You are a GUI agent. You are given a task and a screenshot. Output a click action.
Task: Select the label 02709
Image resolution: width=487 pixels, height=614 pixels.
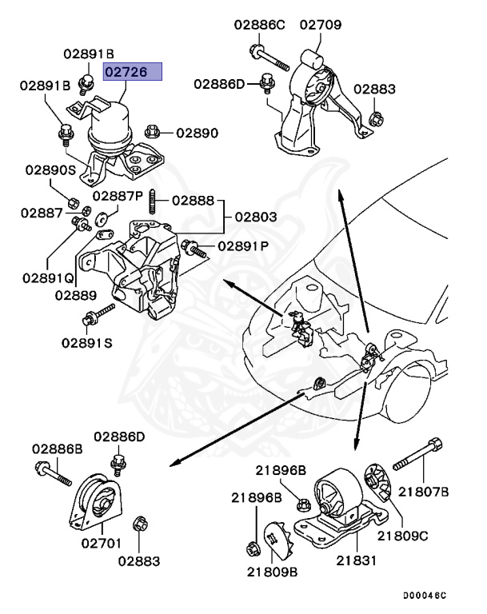pos(320,25)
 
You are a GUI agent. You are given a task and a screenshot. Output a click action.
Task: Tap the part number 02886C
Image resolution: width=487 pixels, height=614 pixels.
pos(259,25)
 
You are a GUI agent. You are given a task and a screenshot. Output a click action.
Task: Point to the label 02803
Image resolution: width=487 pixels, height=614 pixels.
pos(255,217)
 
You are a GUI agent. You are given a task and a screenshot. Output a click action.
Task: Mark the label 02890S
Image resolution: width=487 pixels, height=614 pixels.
pos(50,170)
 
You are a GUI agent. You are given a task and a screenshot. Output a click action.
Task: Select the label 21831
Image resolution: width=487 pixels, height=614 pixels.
pos(355,561)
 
